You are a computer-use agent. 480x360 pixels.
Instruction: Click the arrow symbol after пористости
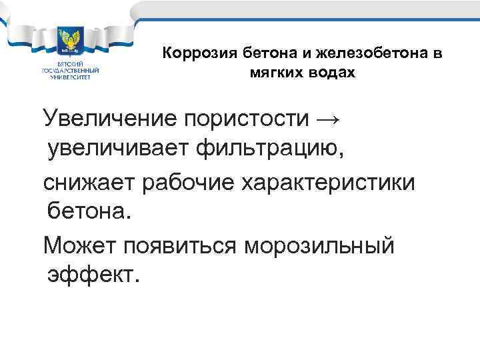pos(326,119)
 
